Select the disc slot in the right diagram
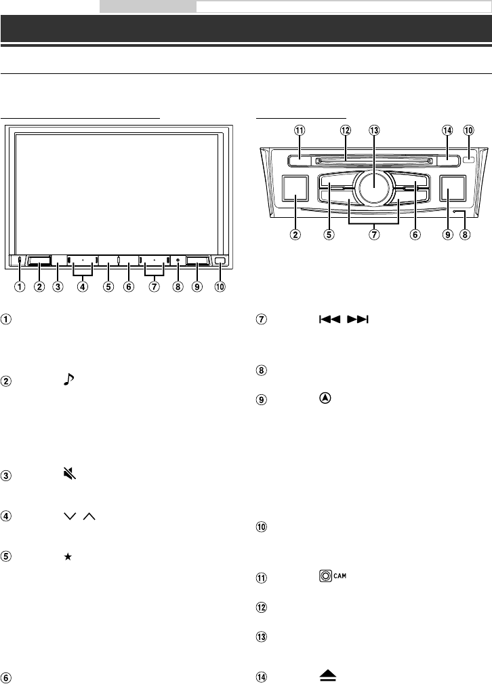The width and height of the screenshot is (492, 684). pos(373,161)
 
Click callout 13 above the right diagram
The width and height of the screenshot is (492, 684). pos(373,130)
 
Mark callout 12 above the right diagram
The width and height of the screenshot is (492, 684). pos(346,130)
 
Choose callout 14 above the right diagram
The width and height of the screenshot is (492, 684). pos(446,130)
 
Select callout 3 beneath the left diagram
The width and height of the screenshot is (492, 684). pos(59,286)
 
